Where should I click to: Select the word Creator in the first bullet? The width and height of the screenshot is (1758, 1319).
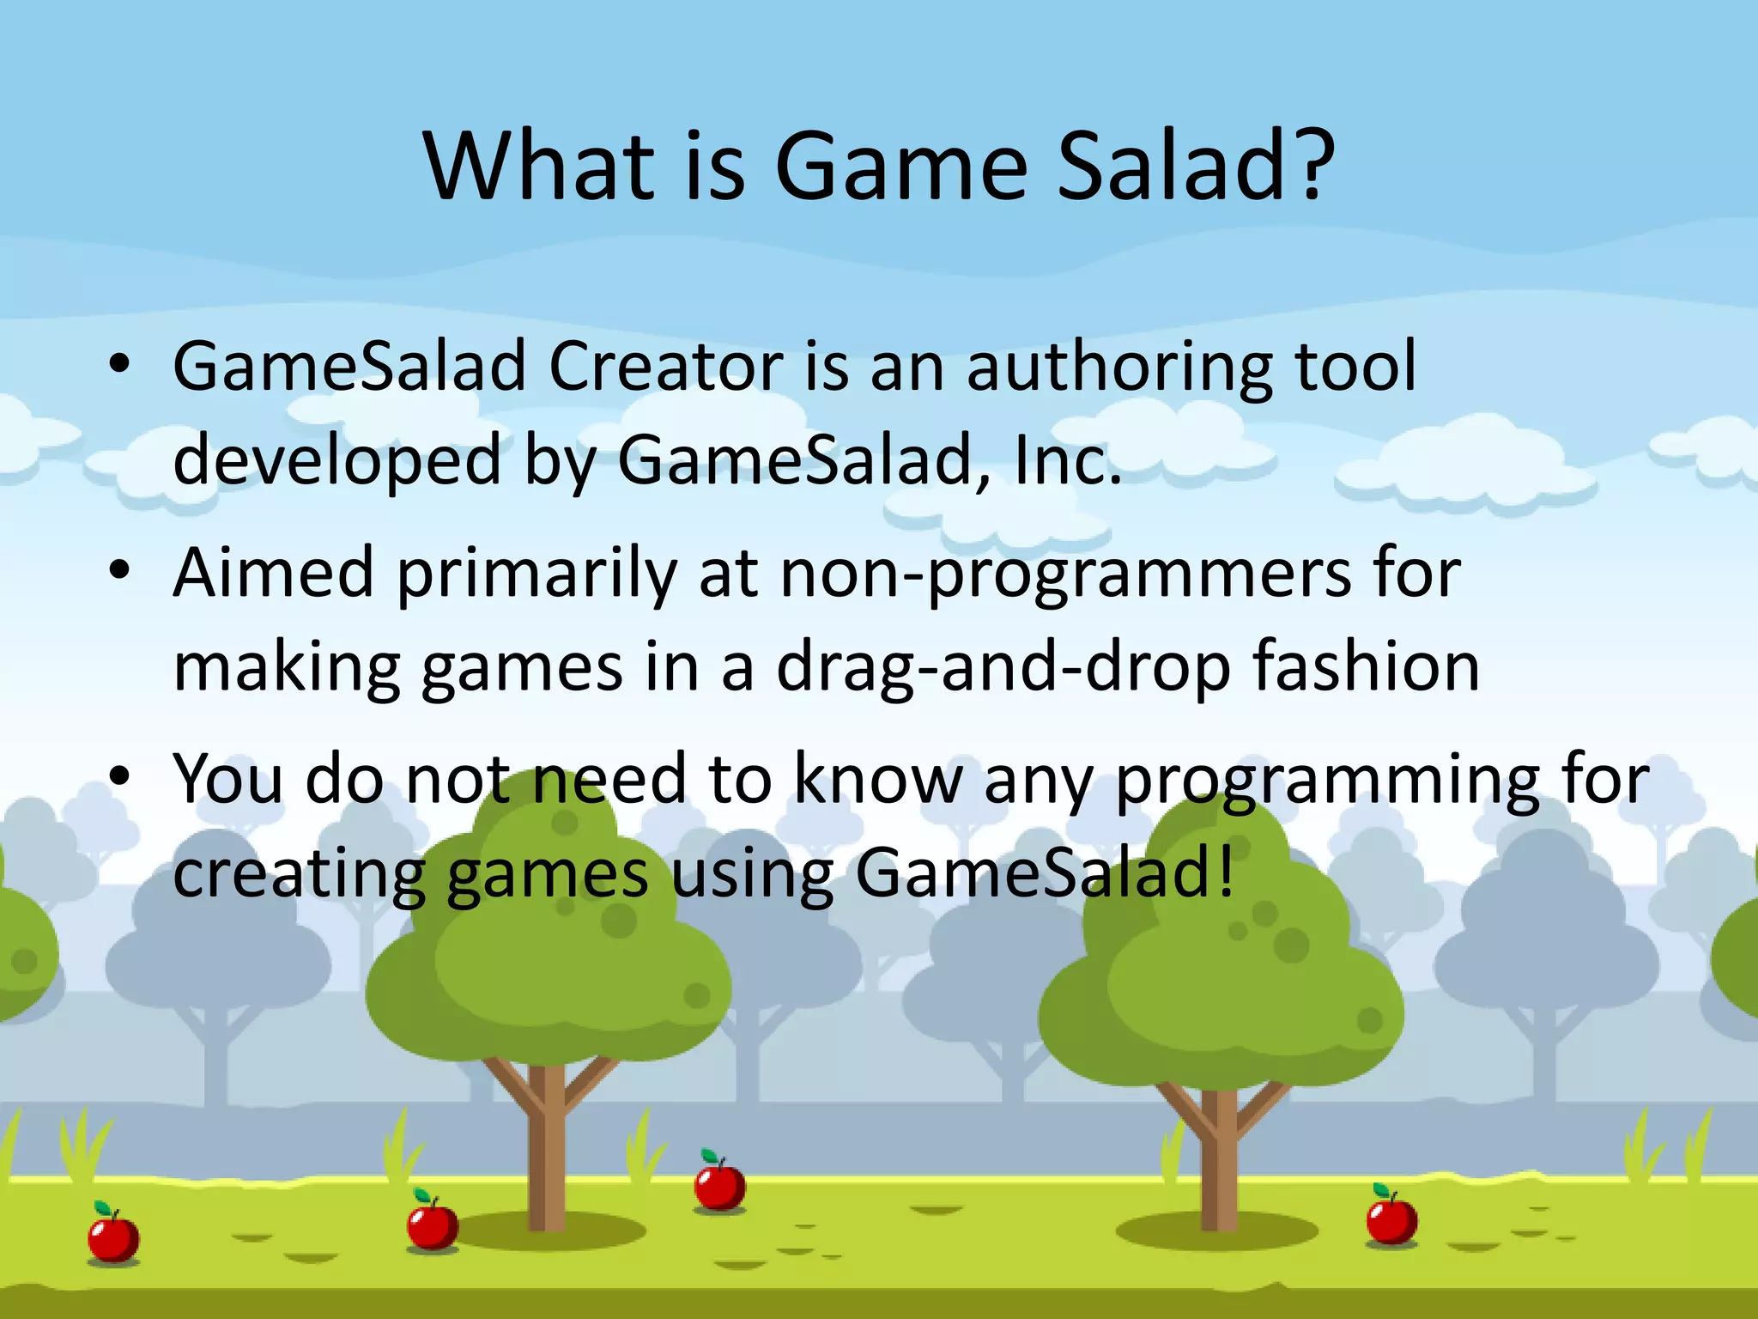[665, 367]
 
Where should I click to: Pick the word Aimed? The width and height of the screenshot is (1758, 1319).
[274, 573]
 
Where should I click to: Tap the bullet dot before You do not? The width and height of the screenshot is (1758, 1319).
[120, 776]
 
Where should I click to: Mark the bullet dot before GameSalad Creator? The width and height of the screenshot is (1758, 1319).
[120, 364]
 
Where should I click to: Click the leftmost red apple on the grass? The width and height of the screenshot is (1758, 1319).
[113, 1237]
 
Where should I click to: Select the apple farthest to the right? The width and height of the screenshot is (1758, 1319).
[1391, 1219]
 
